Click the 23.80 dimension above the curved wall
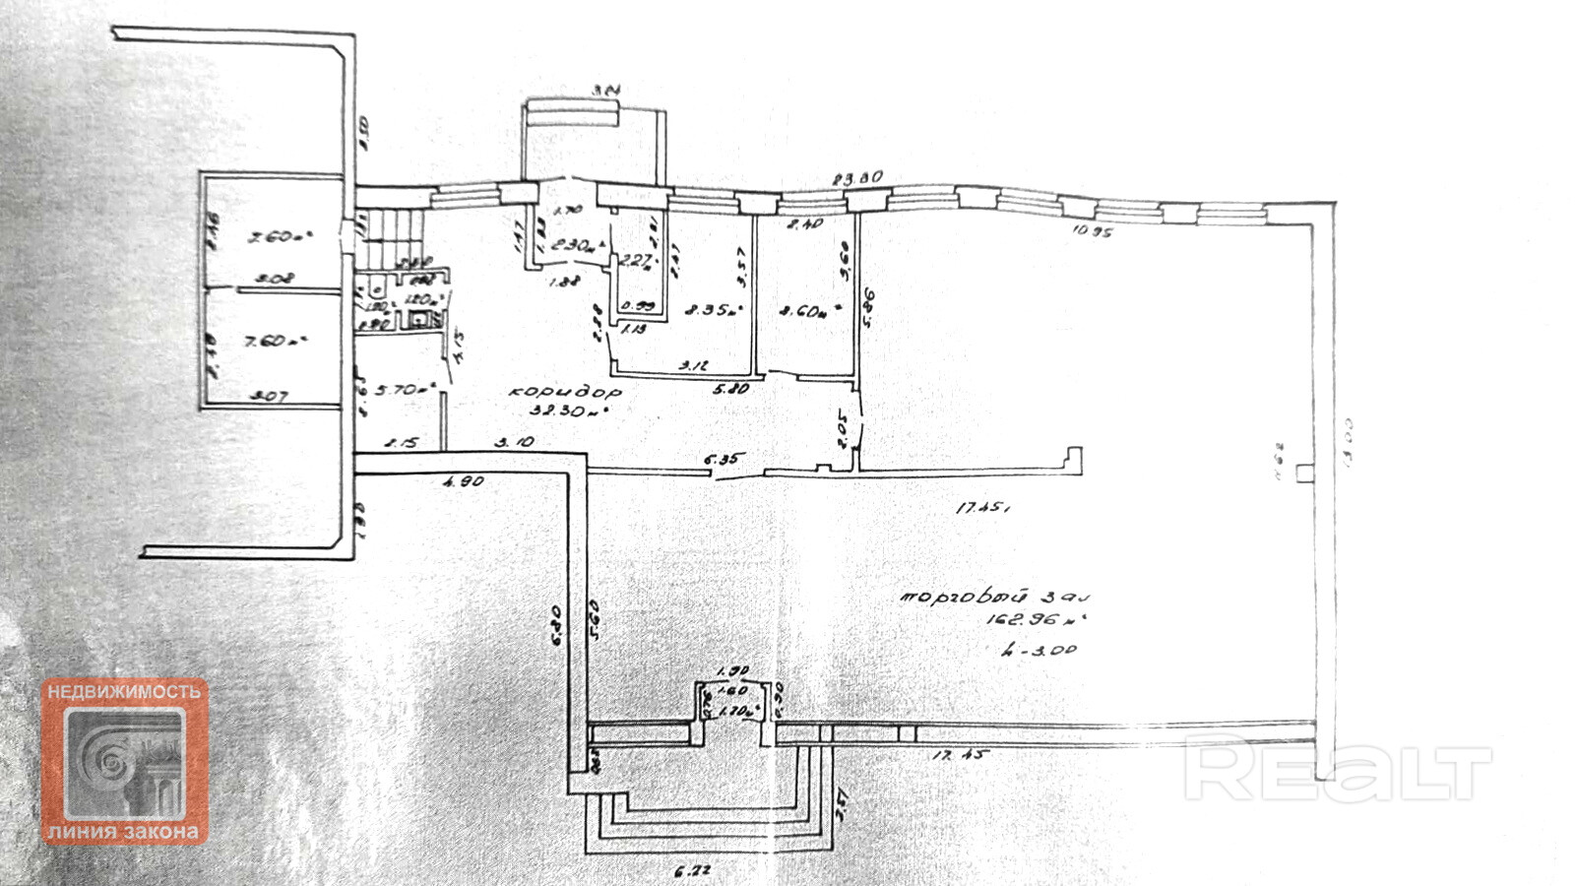coord(857,178)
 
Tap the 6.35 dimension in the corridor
coord(724,458)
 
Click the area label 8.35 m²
coord(713,310)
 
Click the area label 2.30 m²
coord(575,246)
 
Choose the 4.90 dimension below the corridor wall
coord(464,482)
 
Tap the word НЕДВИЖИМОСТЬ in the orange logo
coord(124,692)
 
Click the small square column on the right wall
coord(1304,474)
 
